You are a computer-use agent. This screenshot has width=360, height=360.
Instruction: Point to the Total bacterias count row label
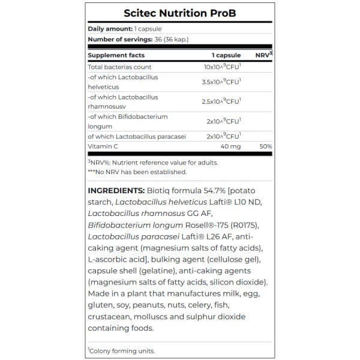[x=119, y=67]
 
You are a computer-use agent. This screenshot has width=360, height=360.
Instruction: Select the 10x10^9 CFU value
[x=222, y=67]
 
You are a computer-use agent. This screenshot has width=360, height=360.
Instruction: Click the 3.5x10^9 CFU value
[x=222, y=82]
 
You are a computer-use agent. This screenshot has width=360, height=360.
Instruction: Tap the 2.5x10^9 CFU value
[x=222, y=101]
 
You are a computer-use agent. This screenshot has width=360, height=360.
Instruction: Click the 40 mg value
[x=230, y=146]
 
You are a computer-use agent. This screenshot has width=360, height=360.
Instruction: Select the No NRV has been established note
[x=137, y=172]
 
